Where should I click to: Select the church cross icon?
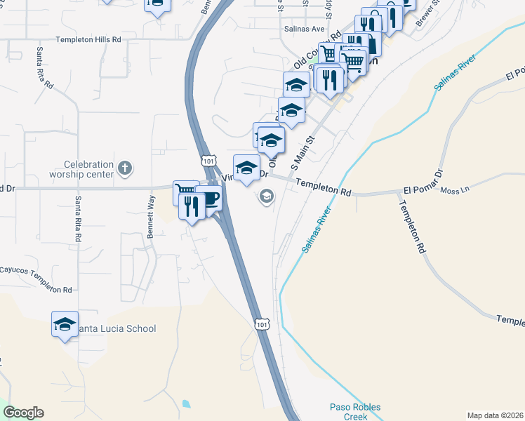tap(124, 168)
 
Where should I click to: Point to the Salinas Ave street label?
tap(304, 29)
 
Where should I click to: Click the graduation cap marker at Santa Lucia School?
tap(65, 325)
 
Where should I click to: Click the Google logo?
tap(23, 413)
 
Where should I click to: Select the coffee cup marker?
tap(208, 199)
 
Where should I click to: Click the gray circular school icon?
tap(267, 196)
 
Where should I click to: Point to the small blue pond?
tap(185, 404)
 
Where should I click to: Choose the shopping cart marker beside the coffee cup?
tap(185, 191)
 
